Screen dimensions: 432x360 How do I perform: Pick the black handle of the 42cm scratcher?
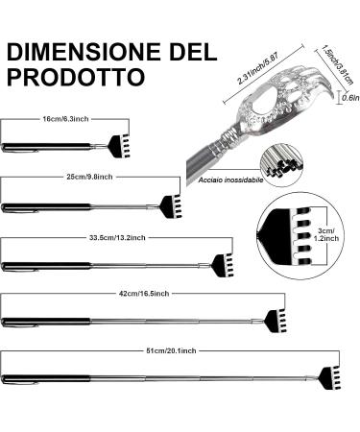pyautogui.click(x=38, y=318)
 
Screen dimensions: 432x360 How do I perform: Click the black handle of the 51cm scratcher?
pyautogui.click(x=38, y=377)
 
